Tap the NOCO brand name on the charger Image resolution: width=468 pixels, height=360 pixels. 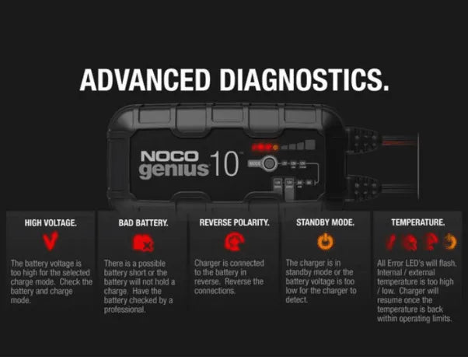coord(164,156)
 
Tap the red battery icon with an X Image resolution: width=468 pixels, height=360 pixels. coord(143,243)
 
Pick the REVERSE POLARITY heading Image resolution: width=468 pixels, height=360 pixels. coord(234,222)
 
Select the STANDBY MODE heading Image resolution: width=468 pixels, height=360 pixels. coord(326,222)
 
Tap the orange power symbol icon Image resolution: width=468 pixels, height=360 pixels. coord(326,243)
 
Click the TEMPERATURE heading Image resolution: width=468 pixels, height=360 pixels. coord(418,222)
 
